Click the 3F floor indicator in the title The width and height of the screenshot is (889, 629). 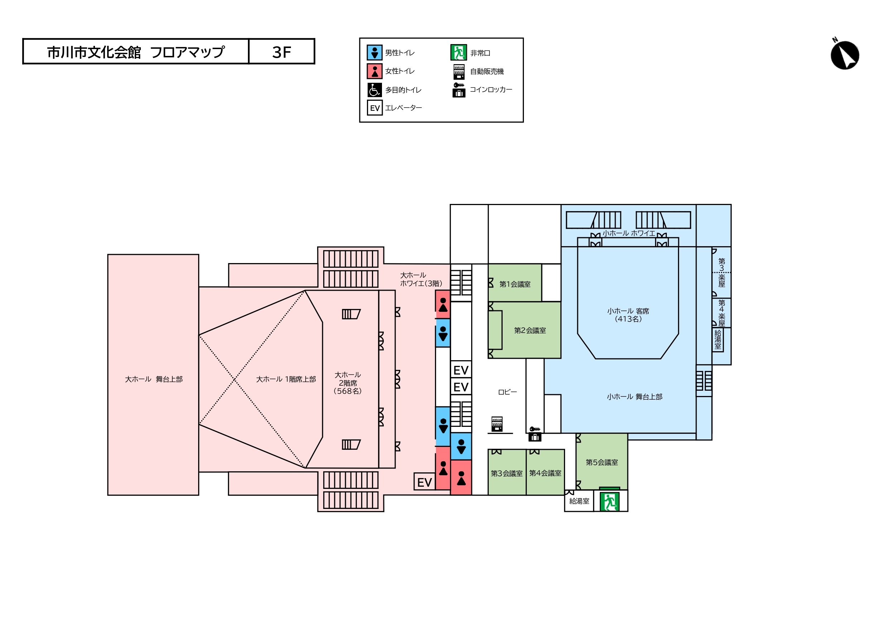(282, 52)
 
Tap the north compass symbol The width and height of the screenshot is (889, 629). (845, 54)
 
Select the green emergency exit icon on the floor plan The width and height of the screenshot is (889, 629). (609, 501)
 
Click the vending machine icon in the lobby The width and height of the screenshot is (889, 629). (497, 424)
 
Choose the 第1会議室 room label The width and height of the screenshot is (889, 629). (515, 284)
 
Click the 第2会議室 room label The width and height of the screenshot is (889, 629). (530, 330)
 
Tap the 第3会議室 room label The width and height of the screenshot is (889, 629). (506, 473)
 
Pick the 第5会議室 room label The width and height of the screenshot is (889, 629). (602, 462)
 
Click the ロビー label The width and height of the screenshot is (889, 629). (507, 392)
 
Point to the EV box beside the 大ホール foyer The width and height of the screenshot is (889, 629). (425, 482)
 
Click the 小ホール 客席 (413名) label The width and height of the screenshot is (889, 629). (628, 315)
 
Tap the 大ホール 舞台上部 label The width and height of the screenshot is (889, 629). (154, 379)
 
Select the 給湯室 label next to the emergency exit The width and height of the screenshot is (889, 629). (579, 501)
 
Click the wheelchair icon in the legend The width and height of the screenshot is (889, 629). (374, 90)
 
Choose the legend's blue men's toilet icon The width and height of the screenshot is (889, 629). (374, 53)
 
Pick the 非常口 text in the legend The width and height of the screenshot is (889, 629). (480, 53)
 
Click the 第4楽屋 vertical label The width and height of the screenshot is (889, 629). (722, 313)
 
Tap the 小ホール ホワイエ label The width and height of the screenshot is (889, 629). (629, 233)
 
